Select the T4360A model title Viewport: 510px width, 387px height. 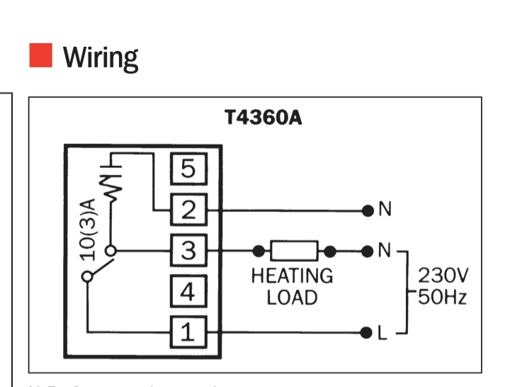click(263, 118)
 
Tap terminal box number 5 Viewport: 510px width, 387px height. click(188, 169)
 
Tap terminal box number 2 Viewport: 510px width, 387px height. click(188, 210)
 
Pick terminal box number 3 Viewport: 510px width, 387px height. click(188, 250)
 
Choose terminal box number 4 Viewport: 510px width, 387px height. click(188, 291)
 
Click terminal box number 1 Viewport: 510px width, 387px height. click(188, 331)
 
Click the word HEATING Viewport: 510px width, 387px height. click(292, 276)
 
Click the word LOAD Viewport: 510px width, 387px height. click(292, 297)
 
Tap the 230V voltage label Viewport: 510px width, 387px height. click(443, 275)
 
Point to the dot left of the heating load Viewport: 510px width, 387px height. click(259, 250)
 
